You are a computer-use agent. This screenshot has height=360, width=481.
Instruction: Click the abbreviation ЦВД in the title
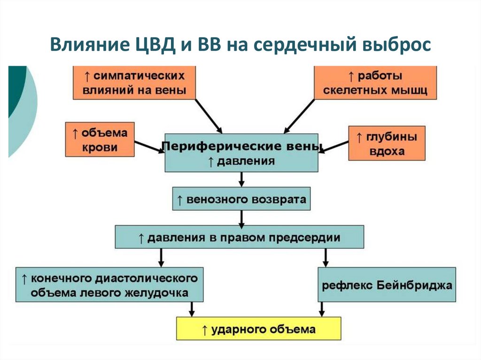pos(150,46)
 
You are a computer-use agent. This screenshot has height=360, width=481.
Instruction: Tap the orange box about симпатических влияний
pos(134,83)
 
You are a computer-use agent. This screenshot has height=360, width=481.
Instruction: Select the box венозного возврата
pos(241,199)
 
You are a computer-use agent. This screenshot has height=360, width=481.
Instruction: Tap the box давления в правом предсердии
pos(239,237)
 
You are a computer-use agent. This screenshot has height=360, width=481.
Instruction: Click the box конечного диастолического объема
pos(109,284)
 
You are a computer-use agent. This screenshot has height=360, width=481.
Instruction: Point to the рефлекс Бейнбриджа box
pos(387,285)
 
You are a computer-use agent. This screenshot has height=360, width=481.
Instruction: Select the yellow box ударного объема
pos(258,329)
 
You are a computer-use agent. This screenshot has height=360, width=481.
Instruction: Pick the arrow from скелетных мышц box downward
pos(300,115)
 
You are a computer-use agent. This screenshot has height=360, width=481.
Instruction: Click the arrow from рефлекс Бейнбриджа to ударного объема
pos(322,309)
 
